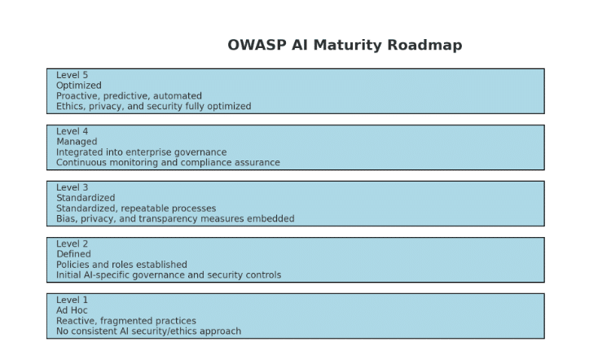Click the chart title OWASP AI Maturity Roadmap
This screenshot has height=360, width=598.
[x=345, y=45]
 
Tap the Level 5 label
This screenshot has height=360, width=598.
[x=72, y=75]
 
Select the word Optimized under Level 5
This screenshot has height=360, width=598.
[x=79, y=86]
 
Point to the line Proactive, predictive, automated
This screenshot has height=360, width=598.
[x=129, y=96]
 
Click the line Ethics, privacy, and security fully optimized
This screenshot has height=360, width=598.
[x=154, y=106]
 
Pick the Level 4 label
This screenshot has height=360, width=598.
[x=72, y=131]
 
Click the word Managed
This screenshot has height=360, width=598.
[x=77, y=142]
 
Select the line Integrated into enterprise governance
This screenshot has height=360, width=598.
[x=142, y=152]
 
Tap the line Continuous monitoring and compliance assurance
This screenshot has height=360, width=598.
[x=168, y=162]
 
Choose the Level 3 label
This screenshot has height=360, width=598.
[x=72, y=187]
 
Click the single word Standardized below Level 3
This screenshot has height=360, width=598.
[x=86, y=198]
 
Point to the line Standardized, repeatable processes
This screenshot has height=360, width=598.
[x=136, y=209]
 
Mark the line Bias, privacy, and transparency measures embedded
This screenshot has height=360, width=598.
[x=175, y=218]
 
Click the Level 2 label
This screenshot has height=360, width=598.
[x=72, y=244]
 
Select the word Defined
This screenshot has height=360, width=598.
[x=73, y=254]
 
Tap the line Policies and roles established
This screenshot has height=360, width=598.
[x=121, y=265]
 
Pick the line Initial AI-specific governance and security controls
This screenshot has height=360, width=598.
[x=169, y=275]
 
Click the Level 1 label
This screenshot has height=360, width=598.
[x=72, y=300]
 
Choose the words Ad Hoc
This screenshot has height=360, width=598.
[x=72, y=310]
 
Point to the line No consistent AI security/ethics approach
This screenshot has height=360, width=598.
[x=149, y=331]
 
